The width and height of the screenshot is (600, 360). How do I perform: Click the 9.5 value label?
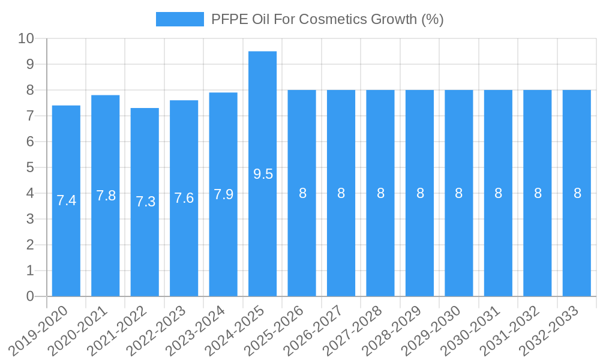coord(263,174)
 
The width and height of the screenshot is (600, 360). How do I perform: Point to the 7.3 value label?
coord(145,202)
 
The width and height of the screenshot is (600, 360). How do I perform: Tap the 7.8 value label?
coord(106,196)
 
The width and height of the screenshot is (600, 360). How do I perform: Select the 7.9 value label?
coord(223,194)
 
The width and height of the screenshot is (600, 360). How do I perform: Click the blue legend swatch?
coord(179,19)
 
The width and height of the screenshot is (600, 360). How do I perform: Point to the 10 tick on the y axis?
coord(26,39)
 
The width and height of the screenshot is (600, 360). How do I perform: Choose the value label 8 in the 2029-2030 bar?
coord(459,193)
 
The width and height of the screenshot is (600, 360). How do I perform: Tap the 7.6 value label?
coord(184,198)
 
